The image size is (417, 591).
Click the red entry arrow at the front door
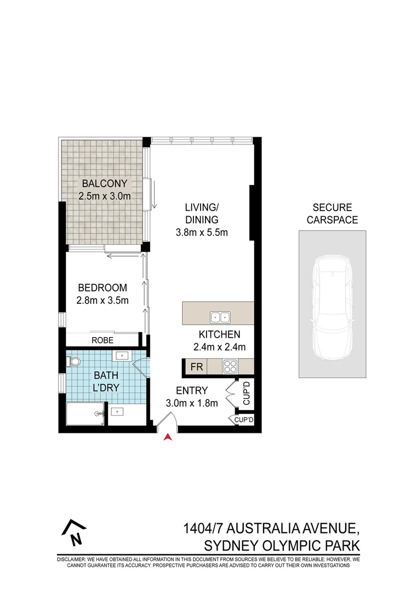pos(169,436)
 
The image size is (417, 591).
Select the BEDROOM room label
pos(102,287)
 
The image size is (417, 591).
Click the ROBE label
pos(102,340)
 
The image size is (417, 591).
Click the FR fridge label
pos(196,367)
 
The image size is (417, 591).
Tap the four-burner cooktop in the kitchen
pos(230,366)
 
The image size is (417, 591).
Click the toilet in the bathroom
pos(74,361)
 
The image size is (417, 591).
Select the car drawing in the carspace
pos(333,305)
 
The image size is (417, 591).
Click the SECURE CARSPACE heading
pos(332,214)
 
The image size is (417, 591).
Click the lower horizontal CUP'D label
pos(244,420)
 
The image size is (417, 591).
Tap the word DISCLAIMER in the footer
pos(73,560)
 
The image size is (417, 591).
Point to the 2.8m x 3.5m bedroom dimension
pos(102,300)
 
